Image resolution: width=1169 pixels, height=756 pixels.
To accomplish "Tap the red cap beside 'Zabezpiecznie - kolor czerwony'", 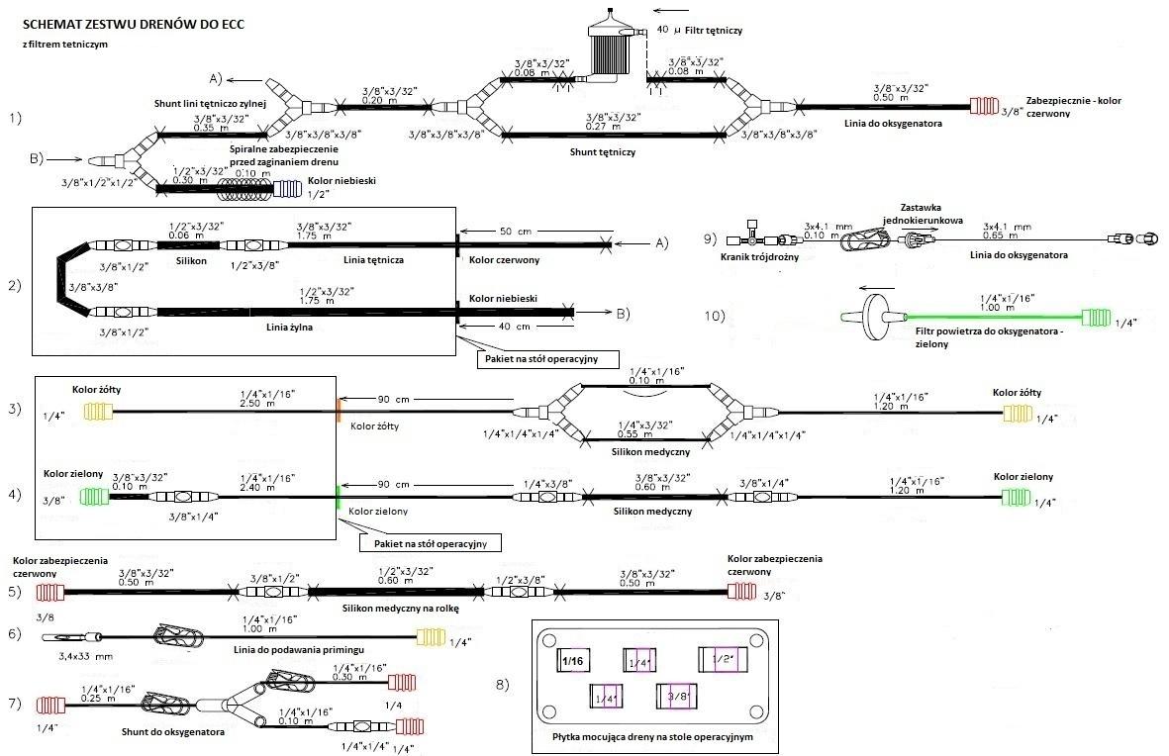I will (x=986, y=106).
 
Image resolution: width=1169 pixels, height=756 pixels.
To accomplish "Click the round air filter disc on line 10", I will (x=873, y=317).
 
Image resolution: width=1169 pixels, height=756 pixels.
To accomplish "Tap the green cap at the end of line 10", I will (x=1096, y=318).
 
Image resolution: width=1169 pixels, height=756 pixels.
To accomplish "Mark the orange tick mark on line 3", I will (x=339, y=410).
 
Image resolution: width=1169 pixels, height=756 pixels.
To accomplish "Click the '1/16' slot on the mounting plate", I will (x=573, y=660).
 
